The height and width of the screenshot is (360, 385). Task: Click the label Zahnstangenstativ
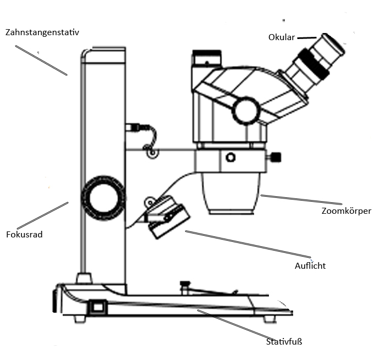[x=46, y=32]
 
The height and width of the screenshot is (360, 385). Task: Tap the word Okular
[x=282, y=37]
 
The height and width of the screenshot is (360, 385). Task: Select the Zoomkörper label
[x=346, y=211]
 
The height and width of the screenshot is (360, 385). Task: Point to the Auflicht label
[x=310, y=265]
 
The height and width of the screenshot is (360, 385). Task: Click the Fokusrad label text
[x=24, y=234]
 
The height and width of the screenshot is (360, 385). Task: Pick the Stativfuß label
[x=284, y=342]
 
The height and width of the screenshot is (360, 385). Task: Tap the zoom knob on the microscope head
[x=245, y=110]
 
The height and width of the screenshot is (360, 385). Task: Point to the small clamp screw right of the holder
[x=275, y=158]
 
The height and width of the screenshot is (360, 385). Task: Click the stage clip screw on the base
[x=185, y=285]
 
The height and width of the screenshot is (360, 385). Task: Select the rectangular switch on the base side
[x=98, y=307]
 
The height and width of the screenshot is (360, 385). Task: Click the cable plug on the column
[x=132, y=127]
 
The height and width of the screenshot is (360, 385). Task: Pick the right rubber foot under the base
[x=269, y=319]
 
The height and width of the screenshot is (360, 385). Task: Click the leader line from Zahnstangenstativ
[x=41, y=60]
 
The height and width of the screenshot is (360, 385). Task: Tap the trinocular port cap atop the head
[x=206, y=56]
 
